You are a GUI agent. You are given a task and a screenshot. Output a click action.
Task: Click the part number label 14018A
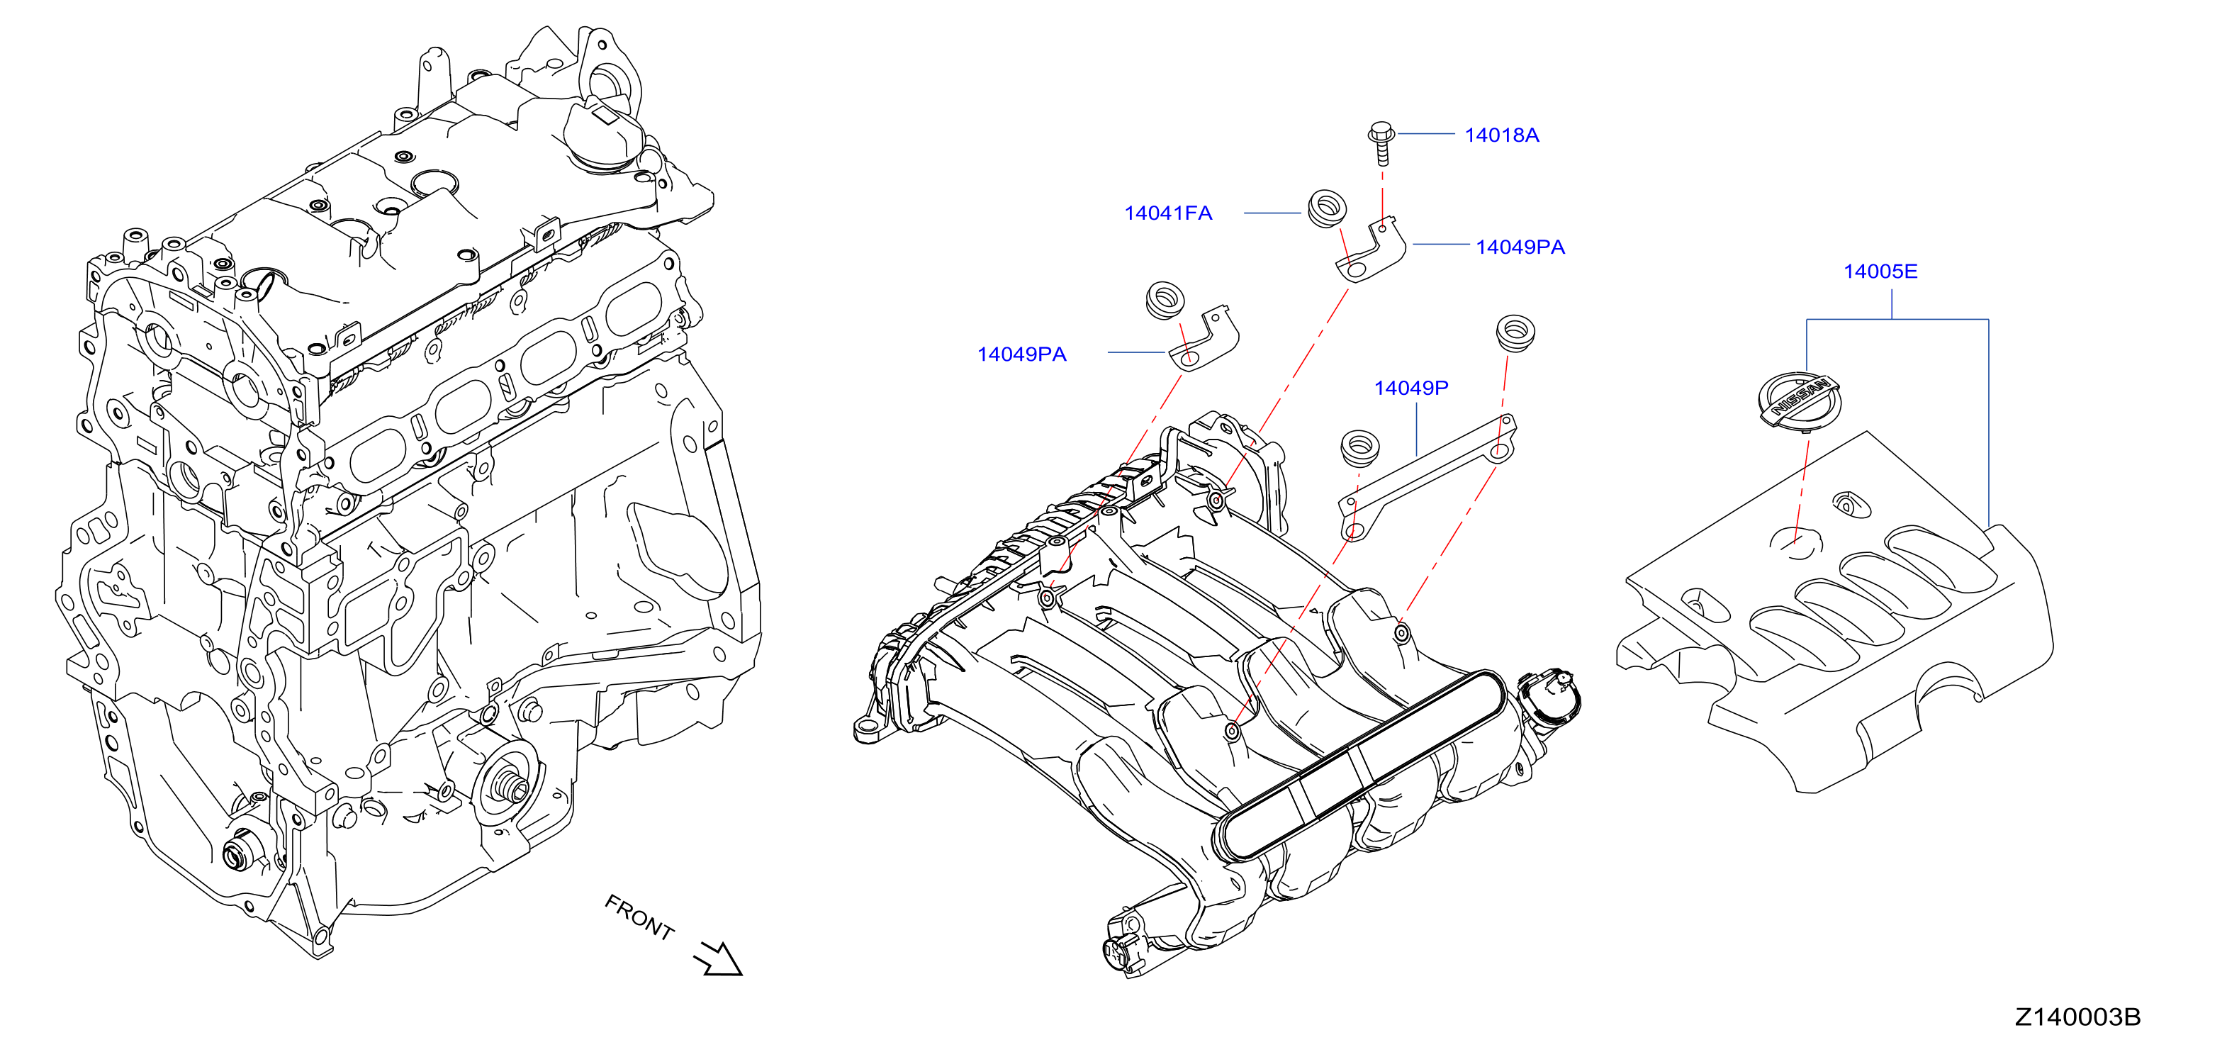pos(1502,135)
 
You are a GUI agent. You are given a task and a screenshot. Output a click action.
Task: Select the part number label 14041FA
pos(1168,213)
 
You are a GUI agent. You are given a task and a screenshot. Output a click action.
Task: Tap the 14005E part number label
pos(1880,272)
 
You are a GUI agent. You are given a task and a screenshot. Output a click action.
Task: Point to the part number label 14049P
pos(1411,388)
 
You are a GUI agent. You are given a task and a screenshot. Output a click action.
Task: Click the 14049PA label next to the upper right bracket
pos(1520,247)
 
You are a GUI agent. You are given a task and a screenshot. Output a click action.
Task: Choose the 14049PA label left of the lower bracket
pos(1022,354)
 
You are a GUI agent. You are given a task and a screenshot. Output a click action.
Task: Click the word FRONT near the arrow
pos(639,917)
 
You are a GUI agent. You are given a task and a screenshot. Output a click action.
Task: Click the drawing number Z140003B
pos(2077,1017)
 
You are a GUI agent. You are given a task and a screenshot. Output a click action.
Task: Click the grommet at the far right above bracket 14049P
pos(1515,332)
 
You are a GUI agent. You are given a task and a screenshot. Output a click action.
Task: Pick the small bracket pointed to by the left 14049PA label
pos(1204,342)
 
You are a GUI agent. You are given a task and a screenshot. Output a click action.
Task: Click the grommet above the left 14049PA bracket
pos(1165,300)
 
